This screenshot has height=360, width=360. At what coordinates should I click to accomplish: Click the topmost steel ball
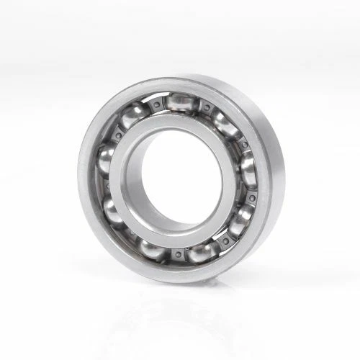[x=180, y=102]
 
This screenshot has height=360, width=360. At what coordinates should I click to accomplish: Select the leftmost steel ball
[x=105, y=160]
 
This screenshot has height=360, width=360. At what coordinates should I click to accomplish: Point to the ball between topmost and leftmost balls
[x=133, y=115]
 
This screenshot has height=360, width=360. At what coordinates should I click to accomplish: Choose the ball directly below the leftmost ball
[x=114, y=210]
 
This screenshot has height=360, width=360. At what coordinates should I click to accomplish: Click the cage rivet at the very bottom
[x=176, y=254]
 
